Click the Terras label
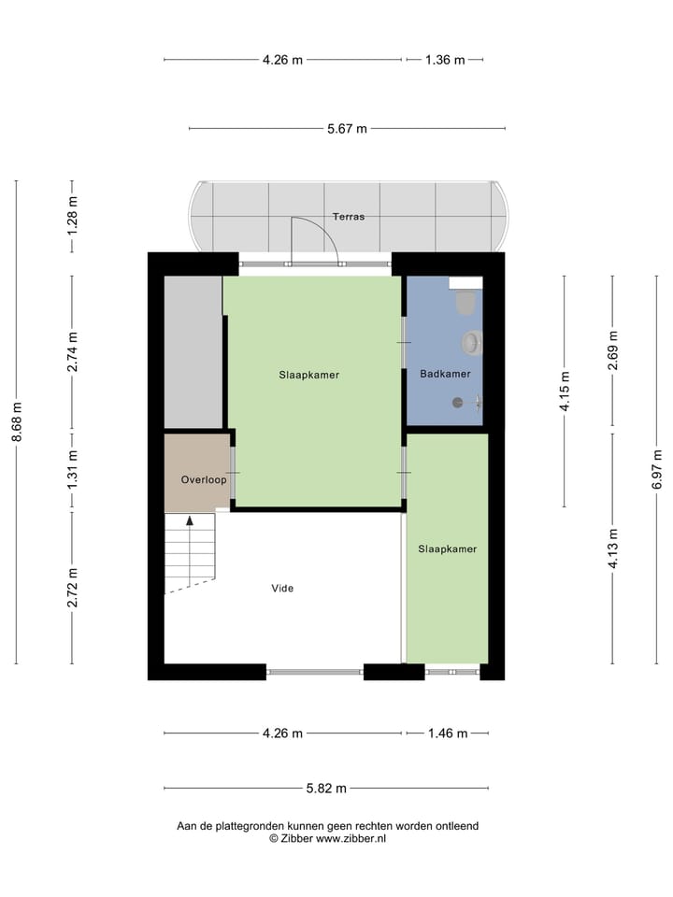[348, 217]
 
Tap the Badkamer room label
[445, 374]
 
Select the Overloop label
[204, 479]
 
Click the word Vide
[282, 589]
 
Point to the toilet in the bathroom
[465, 303]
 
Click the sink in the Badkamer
[472, 344]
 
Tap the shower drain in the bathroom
[457, 403]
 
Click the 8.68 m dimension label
[16, 422]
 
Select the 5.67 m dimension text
[347, 129]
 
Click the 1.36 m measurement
[445, 60]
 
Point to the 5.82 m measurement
[326, 789]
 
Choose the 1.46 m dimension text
[447, 733]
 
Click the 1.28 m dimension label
[73, 218]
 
